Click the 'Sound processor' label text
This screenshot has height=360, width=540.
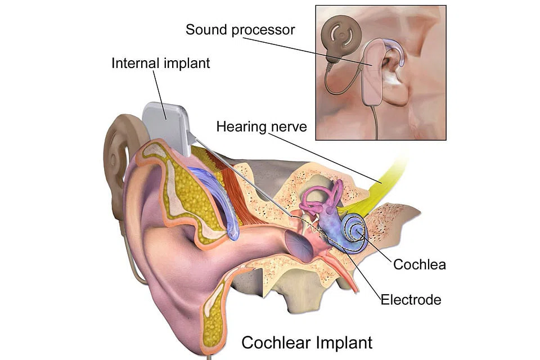coord(240,30)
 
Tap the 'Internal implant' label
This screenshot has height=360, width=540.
coord(160,63)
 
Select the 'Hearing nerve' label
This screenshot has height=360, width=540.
coord(262,127)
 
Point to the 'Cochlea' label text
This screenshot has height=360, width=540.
coord(419,264)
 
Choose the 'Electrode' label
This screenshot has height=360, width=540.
coord(411,299)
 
